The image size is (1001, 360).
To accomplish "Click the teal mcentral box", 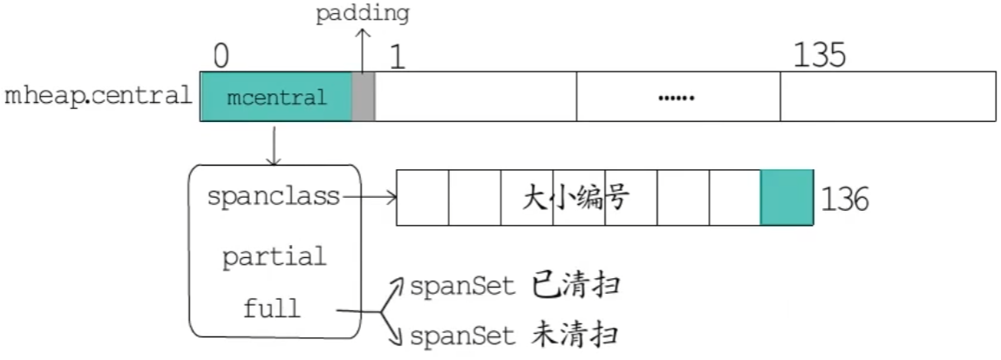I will (276, 97).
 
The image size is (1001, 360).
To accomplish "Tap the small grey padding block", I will (363, 97).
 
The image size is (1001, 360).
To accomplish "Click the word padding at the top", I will (362, 13).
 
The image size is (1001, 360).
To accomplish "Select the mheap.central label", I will (98, 96).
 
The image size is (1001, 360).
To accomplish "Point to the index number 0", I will (221, 56).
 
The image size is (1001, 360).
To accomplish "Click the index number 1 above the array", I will (398, 57).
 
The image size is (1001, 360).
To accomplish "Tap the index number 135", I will (819, 56).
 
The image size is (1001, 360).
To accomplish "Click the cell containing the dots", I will (678, 97).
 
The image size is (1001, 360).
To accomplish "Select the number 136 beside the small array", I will (844, 200).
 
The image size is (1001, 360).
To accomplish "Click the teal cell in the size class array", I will (786, 198).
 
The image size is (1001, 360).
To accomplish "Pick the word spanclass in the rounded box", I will (273, 197).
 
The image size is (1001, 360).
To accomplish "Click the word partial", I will (273, 257).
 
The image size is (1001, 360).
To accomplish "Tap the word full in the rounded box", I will (272, 308).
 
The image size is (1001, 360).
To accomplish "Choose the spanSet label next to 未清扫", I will (462, 336).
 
